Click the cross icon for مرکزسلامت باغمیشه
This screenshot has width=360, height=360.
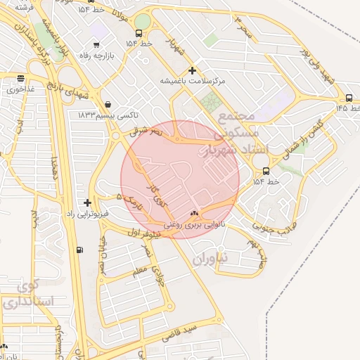(x=193, y=70)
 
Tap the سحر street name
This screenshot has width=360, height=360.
(x=242, y=25)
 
